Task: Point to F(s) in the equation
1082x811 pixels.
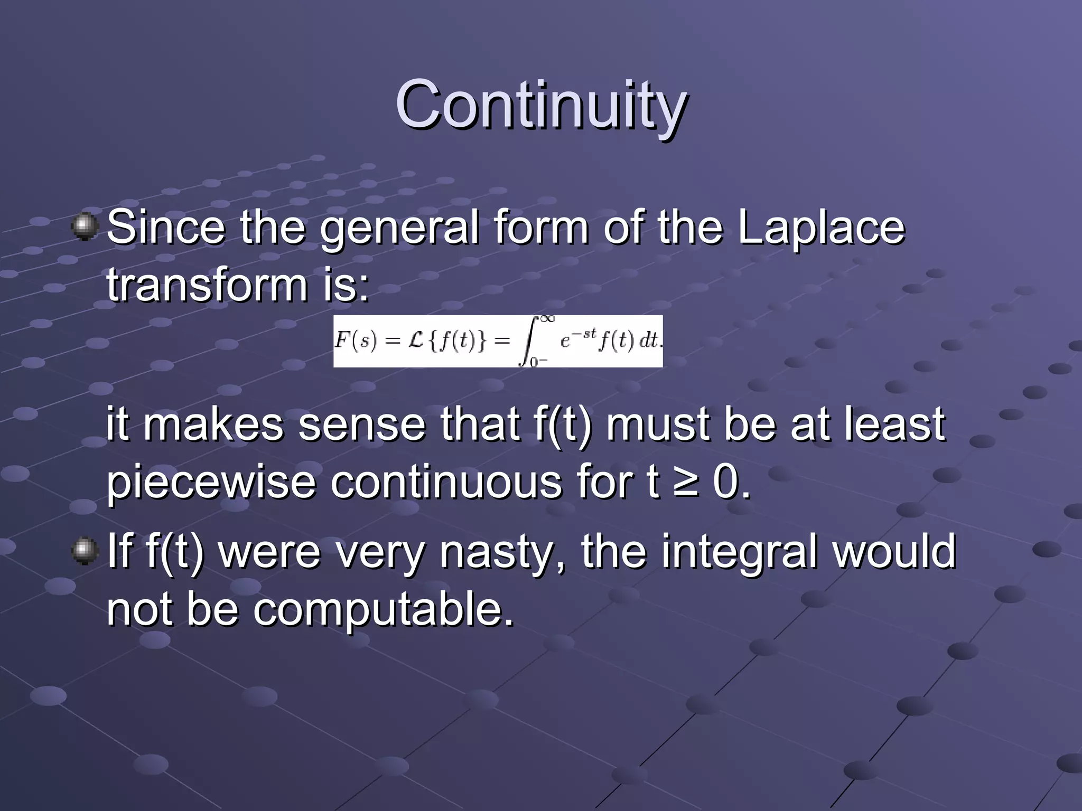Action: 356,341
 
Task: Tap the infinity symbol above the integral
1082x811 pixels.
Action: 547,318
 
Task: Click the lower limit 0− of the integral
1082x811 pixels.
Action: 538,362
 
